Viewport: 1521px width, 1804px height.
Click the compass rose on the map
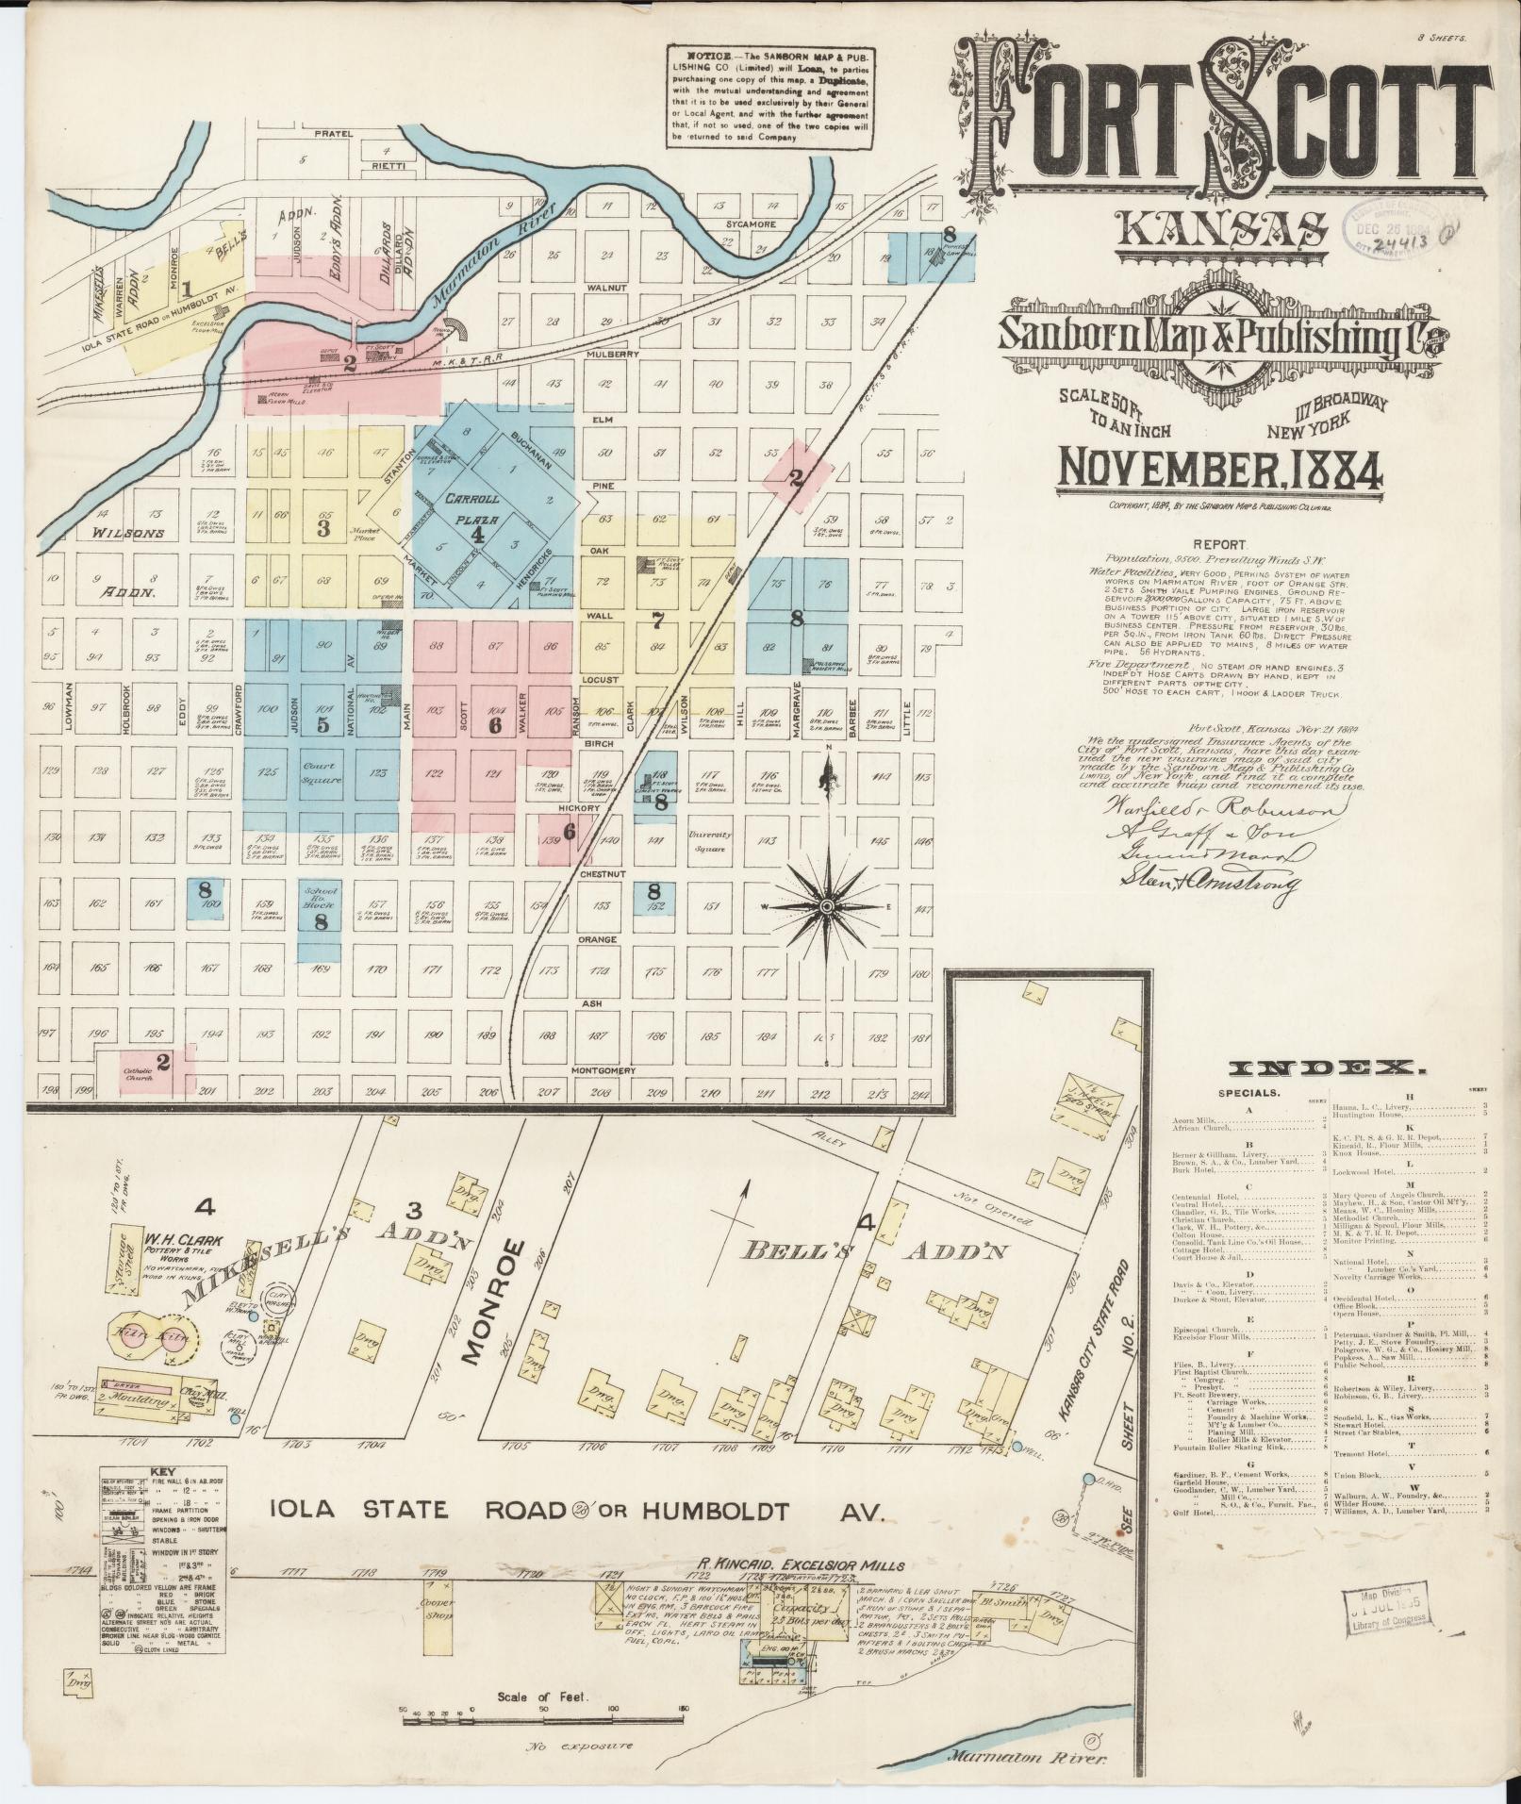(x=826, y=905)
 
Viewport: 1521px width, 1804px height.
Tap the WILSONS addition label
(x=128, y=533)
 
